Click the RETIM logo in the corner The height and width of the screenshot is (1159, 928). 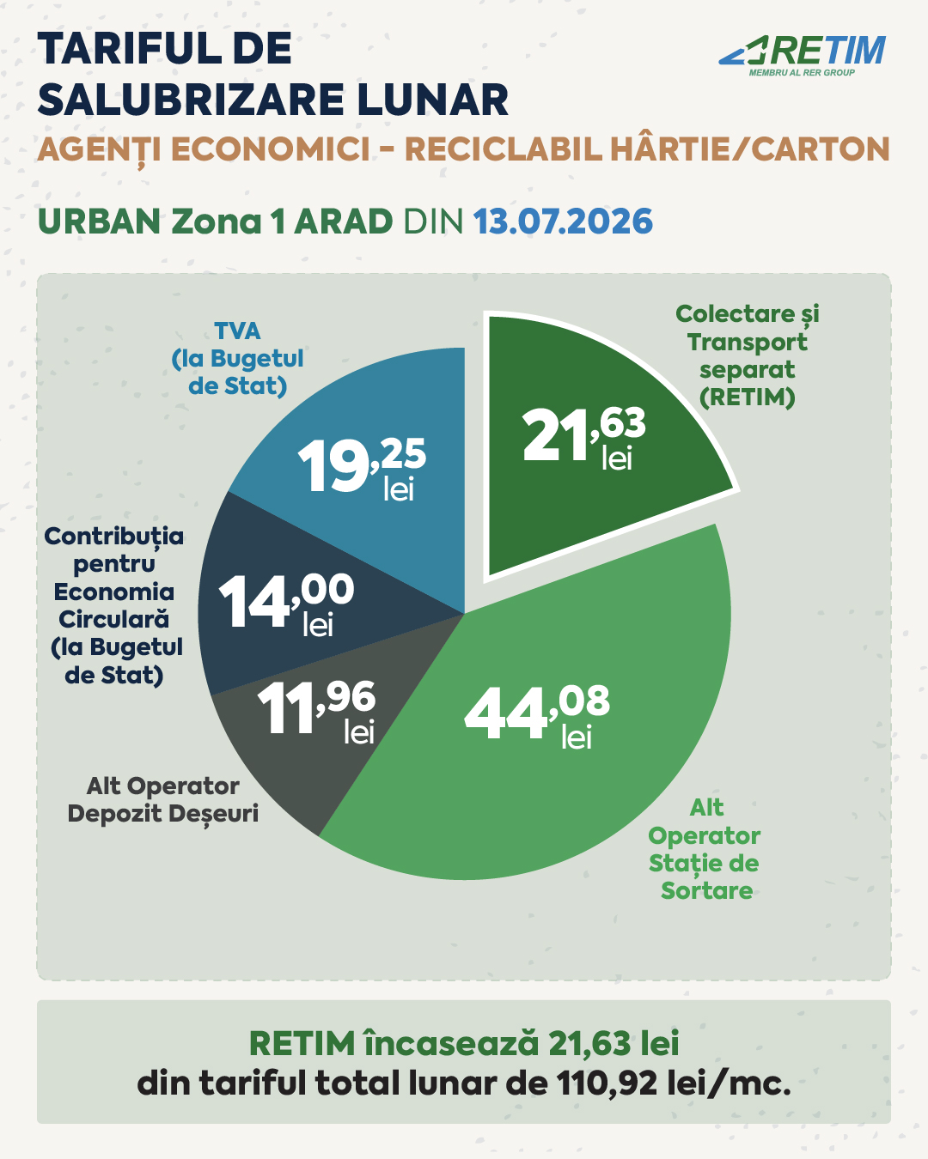(803, 55)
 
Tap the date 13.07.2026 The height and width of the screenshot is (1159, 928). (563, 221)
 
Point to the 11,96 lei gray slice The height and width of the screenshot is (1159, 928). (324, 716)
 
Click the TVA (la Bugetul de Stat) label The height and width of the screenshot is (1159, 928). (237, 359)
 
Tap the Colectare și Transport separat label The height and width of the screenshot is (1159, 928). (748, 356)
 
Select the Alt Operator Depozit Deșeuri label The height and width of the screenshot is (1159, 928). (163, 800)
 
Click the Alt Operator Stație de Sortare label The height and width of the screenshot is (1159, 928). (705, 849)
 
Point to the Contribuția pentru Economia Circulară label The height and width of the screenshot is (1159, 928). (114, 606)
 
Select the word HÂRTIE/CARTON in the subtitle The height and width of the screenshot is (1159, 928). (750, 149)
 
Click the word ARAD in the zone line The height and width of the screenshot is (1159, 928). (343, 221)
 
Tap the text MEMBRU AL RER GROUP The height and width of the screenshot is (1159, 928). (802, 73)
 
